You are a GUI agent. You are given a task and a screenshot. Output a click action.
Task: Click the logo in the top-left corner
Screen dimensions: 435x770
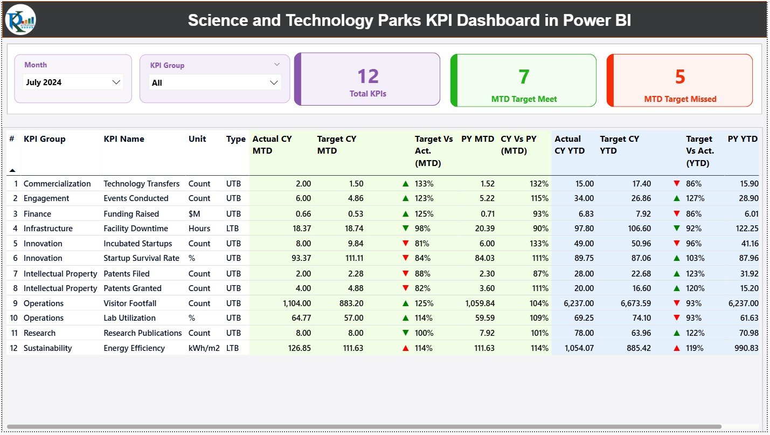coord(20,20)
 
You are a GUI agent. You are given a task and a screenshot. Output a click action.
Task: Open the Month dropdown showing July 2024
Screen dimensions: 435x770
coord(73,82)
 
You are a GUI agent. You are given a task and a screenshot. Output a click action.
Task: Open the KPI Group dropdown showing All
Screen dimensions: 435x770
coord(214,82)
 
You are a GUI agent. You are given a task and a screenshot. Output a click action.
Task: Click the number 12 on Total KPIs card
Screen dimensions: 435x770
coord(368,77)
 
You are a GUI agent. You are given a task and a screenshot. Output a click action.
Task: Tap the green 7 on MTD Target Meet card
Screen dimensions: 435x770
coord(524,77)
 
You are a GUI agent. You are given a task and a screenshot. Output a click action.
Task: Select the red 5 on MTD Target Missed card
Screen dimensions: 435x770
coord(679,77)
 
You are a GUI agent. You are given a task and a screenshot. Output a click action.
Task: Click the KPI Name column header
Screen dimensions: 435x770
coord(124,139)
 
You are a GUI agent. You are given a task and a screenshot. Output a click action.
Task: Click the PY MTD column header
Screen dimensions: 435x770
coord(477,139)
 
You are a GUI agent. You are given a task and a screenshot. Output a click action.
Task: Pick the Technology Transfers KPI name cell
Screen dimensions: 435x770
coord(141,184)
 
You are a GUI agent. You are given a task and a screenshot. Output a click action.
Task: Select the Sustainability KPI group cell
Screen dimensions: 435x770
coord(47,348)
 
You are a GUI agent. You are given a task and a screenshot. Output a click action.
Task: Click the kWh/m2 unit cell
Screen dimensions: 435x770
coord(204,348)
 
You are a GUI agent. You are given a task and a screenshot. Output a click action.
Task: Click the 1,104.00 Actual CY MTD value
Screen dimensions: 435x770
coord(296,303)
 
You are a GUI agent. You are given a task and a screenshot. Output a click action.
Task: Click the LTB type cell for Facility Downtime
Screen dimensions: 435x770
coord(233,229)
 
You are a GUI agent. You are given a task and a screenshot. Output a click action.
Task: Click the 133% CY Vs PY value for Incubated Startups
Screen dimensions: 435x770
coord(539,244)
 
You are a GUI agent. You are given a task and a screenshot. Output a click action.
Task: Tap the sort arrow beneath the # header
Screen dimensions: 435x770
coord(12,170)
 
